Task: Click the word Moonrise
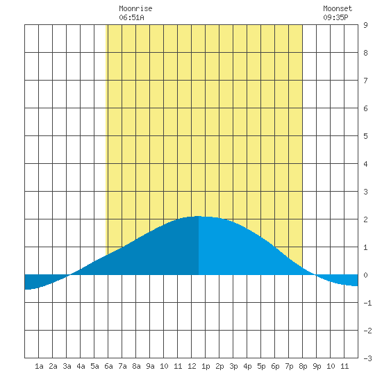pyautogui.click(x=135, y=8)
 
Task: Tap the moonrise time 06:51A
pyautogui.click(x=131, y=17)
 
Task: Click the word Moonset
pyautogui.click(x=338, y=8)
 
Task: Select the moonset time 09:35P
pyautogui.click(x=335, y=17)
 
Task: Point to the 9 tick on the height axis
pyautogui.click(x=365, y=25)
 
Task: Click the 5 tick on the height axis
pyautogui.click(x=365, y=136)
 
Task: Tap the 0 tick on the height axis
pyautogui.click(x=365, y=275)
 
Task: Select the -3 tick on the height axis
pyautogui.click(x=367, y=358)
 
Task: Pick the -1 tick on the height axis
pyautogui.click(x=367, y=303)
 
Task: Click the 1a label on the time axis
pyautogui.click(x=39, y=366)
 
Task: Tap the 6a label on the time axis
pyautogui.click(x=108, y=366)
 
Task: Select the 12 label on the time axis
pyautogui.click(x=192, y=366)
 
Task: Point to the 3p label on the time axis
pyautogui.click(x=233, y=366)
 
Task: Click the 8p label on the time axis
pyautogui.click(x=303, y=366)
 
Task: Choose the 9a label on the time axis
pyautogui.click(x=150, y=366)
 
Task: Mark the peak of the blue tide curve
pyautogui.click(x=199, y=216)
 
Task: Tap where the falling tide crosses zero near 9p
pyautogui.click(x=316, y=275)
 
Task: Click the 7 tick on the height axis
pyautogui.click(x=365, y=81)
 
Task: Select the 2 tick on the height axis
pyautogui.click(x=365, y=219)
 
